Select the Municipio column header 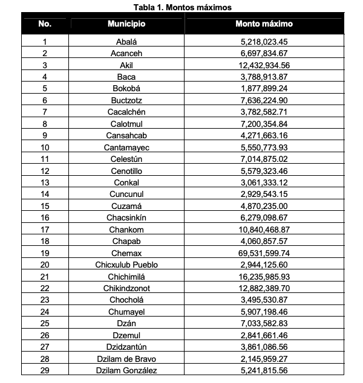coord(126,24)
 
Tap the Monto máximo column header coord(264,24)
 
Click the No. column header coord(45,24)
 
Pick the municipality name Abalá coord(126,42)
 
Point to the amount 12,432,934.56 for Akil coord(264,65)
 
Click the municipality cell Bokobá coord(126,88)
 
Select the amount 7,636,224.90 coord(264,100)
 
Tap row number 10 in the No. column coord(45,147)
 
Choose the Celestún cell coord(126,158)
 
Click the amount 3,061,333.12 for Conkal coord(264,182)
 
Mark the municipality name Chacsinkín coord(126,217)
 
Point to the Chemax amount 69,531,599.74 coord(264,253)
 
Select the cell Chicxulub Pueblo coord(126,264)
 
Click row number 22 coord(45,288)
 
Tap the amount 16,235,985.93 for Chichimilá coord(264,276)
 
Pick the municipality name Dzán coord(126,323)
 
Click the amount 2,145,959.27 coord(264,358)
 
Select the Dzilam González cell coord(126,370)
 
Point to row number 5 coord(45,88)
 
